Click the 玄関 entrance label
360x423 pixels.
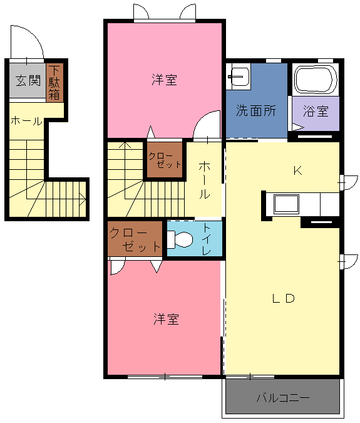(28, 81)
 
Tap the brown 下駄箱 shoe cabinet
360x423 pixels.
(54, 83)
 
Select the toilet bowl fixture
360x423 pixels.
(180, 239)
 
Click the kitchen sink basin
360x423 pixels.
(287, 204)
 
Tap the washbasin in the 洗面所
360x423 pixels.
(239, 76)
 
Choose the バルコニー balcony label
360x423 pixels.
(283, 398)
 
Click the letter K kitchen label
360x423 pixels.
(298, 170)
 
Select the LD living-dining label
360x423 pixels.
(284, 298)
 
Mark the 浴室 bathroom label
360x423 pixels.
(316, 111)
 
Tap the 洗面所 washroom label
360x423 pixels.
(256, 110)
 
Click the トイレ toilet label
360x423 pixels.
(207, 239)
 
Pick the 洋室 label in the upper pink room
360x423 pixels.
(164, 80)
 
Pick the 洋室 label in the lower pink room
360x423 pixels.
(166, 319)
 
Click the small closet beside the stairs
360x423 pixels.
(165, 160)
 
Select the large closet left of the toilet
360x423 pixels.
(135, 239)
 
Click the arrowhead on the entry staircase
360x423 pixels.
(83, 200)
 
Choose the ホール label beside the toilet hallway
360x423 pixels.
(205, 180)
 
